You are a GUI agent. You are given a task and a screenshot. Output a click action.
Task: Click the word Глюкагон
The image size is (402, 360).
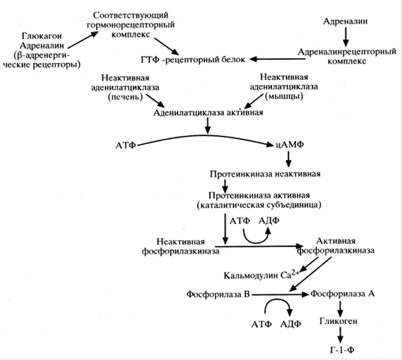pos(42,36)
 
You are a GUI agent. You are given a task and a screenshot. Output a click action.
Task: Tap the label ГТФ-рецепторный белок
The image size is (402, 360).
pos(193,60)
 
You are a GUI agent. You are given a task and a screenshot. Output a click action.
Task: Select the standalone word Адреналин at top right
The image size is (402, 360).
pos(345,21)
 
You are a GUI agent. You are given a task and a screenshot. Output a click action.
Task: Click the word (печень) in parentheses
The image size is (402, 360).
pos(126,97)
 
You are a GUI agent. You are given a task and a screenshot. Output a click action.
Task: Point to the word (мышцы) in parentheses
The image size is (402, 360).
pos(284,96)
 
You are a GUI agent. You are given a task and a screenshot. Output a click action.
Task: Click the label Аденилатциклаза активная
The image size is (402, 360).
pos(208,113)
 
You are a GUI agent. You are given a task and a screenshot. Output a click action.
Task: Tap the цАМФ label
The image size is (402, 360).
pos(290,145)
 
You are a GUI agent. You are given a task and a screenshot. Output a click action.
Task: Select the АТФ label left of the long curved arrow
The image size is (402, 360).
pos(126,146)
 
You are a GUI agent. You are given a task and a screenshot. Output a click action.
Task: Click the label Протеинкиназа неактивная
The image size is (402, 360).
pos(265,174)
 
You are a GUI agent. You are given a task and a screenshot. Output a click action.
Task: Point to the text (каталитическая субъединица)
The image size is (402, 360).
pos(259,206)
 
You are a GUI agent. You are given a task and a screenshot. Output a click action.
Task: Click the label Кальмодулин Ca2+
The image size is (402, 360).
pos(262,275)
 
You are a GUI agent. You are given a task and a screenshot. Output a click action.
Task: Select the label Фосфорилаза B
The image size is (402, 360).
pos(218,294)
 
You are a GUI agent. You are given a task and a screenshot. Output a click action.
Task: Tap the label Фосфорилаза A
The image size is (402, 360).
pos(343,293)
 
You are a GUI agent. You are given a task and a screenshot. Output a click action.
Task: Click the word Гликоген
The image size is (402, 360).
pos(338,322)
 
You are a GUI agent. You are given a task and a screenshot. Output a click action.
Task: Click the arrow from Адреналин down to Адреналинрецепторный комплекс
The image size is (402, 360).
pos(346,37)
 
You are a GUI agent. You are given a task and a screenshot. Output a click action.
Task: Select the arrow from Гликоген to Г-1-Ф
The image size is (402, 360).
pos(340,335)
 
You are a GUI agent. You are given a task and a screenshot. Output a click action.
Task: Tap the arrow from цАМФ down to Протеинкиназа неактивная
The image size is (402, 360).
pos(288,159)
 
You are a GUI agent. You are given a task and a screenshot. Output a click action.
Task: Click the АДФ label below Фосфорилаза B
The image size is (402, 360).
pos(290,325)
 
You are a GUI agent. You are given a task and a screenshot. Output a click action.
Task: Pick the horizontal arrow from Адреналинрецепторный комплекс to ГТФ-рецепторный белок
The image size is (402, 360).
pos(278,59)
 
